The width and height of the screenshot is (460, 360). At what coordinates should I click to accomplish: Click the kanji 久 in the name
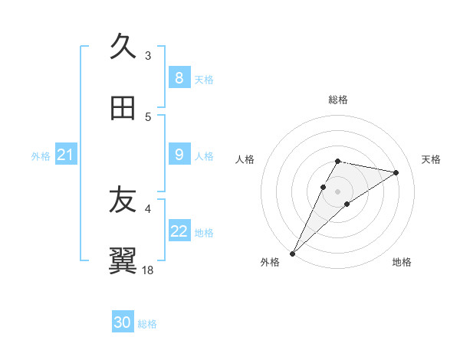coord(123,47)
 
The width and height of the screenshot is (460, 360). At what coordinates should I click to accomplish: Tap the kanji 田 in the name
coord(123,109)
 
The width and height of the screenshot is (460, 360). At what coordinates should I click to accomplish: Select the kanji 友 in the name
coord(123,201)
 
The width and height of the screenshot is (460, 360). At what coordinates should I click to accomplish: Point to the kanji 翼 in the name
coord(123,261)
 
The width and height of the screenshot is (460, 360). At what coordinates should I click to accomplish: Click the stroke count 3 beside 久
coord(148,55)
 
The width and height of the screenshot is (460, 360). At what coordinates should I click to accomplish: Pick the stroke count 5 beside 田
coord(148,117)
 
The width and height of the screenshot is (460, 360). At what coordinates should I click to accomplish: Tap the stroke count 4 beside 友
coord(148,208)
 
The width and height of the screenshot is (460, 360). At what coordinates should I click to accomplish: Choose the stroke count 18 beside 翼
coord(148,270)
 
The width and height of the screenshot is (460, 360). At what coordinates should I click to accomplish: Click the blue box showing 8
coord(179,77)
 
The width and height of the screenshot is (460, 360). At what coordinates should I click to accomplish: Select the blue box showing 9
coord(179,155)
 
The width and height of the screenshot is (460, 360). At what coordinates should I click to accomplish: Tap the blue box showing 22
coord(179,231)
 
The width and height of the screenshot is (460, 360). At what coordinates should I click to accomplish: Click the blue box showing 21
coord(65,155)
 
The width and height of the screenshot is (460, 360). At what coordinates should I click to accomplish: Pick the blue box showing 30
coord(123,322)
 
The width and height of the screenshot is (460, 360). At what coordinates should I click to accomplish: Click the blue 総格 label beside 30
coord(147,324)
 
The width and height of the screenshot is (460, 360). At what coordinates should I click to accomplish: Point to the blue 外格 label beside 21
coord(41,156)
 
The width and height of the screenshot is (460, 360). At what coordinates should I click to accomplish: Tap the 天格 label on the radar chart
coord(431,159)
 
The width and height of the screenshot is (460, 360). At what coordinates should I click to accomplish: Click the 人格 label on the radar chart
coord(245,159)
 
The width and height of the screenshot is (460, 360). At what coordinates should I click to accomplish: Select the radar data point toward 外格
coord(292,253)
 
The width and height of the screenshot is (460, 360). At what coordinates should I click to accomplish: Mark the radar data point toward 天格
coord(396,172)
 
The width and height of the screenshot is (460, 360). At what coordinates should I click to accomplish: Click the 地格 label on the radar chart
coord(402,262)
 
